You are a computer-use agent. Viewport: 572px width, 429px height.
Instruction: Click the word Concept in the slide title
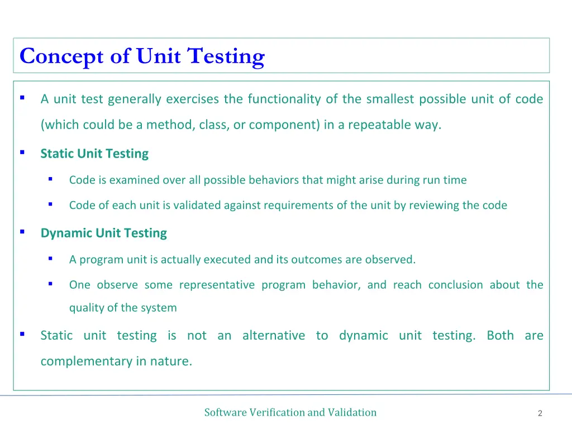click(x=62, y=56)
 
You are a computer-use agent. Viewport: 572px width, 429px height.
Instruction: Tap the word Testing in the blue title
click(x=226, y=56)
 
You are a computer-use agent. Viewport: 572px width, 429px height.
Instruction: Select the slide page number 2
click(x=540, y=413)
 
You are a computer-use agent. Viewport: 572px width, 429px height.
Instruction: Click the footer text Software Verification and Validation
click(x=290, y=413)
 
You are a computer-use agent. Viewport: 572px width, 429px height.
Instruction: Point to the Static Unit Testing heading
click(x=94, y=154)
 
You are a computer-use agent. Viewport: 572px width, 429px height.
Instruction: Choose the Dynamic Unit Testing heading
click(x=103, y=233)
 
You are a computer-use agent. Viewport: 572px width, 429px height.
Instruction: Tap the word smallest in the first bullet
click(x=390, y=99)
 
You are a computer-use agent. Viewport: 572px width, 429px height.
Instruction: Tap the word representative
click(x=217, y=285)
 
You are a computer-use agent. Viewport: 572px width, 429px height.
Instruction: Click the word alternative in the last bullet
click(x=274, y=336)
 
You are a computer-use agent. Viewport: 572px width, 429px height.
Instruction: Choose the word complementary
click(x=87, y=361)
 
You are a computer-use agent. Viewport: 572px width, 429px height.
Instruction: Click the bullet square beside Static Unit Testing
click(x=22, y=152)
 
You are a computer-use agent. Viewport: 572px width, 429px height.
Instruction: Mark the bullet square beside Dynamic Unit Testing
click(x=22, y=231)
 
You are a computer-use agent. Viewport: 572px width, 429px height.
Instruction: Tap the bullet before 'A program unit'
click(x=50, y=258)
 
